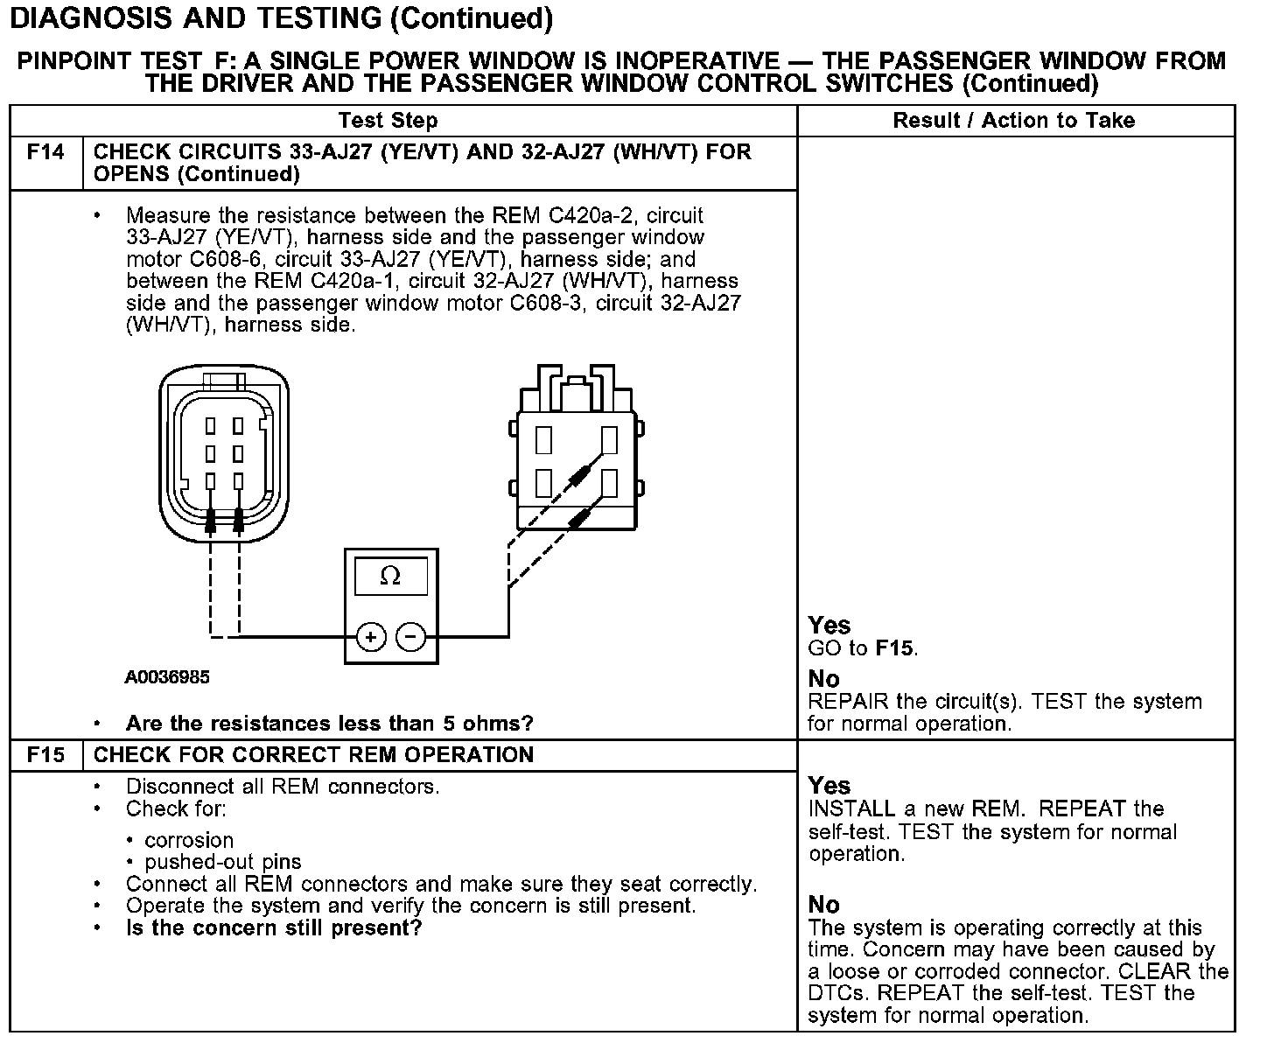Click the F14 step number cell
point(45,153)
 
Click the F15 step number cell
point(45,755)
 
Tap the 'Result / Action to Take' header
point(1013,121)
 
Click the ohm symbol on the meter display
point(390,576)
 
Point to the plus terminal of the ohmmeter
point(371,637)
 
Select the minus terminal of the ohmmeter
point(411,637)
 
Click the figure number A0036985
point(167,677)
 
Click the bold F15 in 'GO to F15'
point(894,649)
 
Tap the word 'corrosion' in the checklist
point(189,841)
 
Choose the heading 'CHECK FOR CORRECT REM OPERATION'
point(313,755)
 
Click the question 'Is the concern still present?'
point(274,928)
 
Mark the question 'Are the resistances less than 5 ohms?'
point(329,724)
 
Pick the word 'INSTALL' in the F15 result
point(851,808)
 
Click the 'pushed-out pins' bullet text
point(222,863)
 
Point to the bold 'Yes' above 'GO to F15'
point(829,625)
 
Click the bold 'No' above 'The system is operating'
point(823,905)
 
